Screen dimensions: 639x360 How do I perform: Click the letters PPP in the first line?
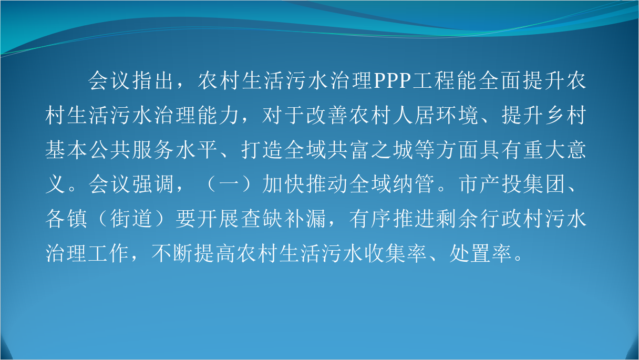(x=392, y=80)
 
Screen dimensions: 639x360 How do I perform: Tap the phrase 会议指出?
(x=131, y=80)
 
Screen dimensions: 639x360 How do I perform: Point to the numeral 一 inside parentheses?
(x=229, y=184)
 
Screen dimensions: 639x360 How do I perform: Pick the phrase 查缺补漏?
(x=283, y=219)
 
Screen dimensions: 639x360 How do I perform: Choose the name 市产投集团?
(x=511, y=184)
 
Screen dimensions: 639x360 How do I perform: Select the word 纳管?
(x=414, y=184)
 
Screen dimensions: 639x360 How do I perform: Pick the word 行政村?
(x=511, y=219)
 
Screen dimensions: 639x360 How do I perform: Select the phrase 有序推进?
(x=391, y=219)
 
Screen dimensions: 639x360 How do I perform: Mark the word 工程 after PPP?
(x=434, y=80)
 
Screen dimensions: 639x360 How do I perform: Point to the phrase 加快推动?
(x=305, y=184)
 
